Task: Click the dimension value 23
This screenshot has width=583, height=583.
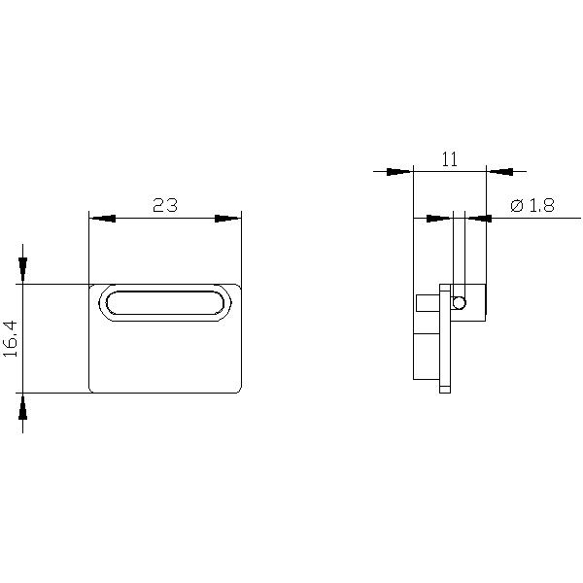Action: pyautogui.click(x=164, y=205)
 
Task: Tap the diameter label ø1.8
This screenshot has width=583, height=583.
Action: pyautogui.click(x=531, y=205)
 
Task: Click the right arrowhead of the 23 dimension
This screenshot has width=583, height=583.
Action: pyautogui.click(x=228, y=219)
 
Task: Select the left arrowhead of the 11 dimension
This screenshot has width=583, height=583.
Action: pyautogui.click(x=398, y=172)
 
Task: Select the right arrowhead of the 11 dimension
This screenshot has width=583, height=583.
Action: pyautogui.click(x=500, y=172)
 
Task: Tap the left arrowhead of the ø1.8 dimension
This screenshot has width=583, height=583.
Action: pyautogui.click(x=440, y=218)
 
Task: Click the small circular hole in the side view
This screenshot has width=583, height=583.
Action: pyautogui.click(x=460, y=303)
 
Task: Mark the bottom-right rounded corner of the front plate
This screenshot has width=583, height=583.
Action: pyautogui.click(x=236, y=388)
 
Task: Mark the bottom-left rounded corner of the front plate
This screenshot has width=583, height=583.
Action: pyautogui.click(x=93, y=388)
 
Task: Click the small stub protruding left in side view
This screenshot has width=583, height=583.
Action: pyautogui.click(x=427, y=303)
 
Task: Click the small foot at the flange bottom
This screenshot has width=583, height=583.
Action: pyautogui.click(x=445, y=390)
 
